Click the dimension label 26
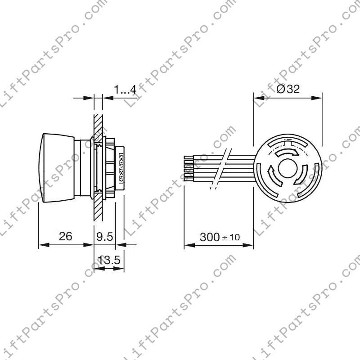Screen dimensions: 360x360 click(x=66, y=236)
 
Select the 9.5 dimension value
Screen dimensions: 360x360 click(x=105, y=237)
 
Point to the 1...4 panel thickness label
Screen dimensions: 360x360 click(x=125, y=89)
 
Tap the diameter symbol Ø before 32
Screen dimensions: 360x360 click(x=280, y=89)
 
